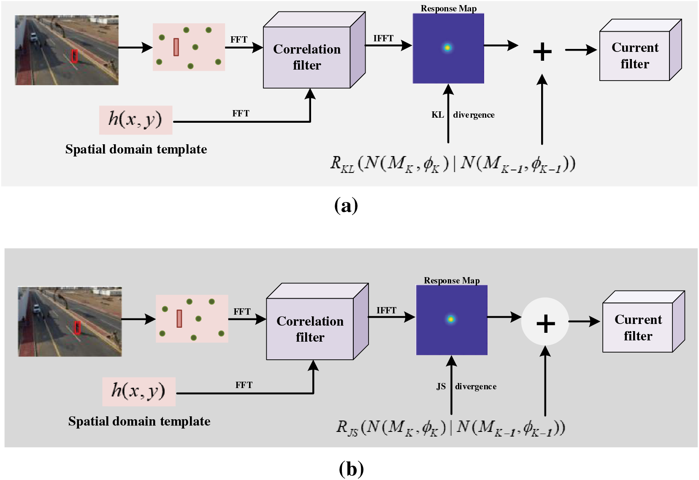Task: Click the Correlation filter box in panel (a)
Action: pyautogui.click(x=314, y=50)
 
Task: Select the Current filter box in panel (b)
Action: pyautogui.click(x=643, y=321)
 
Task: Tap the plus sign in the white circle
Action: pyautogui.click(x=545, y=324)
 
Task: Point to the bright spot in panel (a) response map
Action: pyautogui.click(x=447, y=48)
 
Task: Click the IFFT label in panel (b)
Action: pyautogui.click(x=386, y=310)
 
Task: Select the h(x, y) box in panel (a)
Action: pyautogui.click(x=136, y=120)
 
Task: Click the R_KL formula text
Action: pyautogui.click(x=453, y=164)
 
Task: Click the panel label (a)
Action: pyautogui.click(x=346, y=205)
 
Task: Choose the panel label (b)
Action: pyautogui.click(x=351, y=469)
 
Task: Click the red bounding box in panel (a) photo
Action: pyautogui.click(x=74, y=56)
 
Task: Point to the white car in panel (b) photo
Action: pyautogui.click(x=37, y=308)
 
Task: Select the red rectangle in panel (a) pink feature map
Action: pyautogui.click(x=176, y=47)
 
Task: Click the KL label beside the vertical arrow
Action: pyautogui.click(x=437, y=115)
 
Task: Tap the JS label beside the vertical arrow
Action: pyautogui.click(x=441, y=386)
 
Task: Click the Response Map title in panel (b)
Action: pyautogui.click(x=452, y=280)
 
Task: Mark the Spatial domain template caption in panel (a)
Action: pyautogui.click(x=136, y=149)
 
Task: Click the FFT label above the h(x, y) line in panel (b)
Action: pyautogui.click(x=244, y=385)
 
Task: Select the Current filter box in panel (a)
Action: pyautogui.click(x=640, y=50)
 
